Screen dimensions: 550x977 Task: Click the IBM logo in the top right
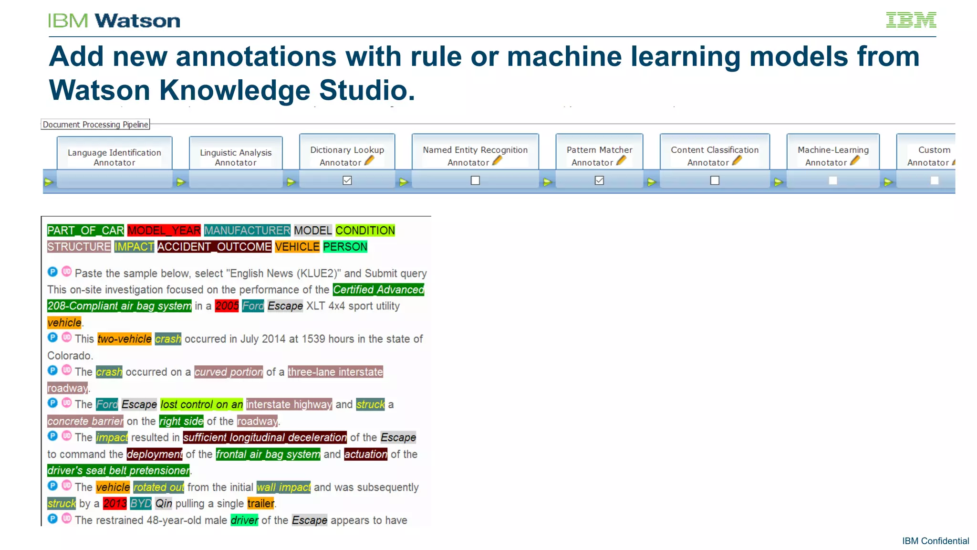[911, 20]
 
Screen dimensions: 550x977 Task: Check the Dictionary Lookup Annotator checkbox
[347, 180]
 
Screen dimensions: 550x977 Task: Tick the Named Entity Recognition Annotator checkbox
[475, 180]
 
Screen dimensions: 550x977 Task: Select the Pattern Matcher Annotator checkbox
[599, 180]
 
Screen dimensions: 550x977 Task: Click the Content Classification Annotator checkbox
[715, 180]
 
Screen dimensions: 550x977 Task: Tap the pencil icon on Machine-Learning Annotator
[855, 161]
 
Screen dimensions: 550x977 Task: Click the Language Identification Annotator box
[114, 157]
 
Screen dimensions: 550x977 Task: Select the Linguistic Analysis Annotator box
[236, 157]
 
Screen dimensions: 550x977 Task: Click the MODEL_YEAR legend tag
[164, 231]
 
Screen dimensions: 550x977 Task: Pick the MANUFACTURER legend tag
[247, 231]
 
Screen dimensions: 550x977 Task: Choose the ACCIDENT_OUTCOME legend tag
[214, 247]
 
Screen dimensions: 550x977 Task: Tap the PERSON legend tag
[345, 247]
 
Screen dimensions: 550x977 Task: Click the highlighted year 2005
[227, 306]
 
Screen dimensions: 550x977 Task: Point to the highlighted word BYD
[141, 504]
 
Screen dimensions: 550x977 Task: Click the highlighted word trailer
[260, 504]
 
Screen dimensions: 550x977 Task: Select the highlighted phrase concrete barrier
[85, 421]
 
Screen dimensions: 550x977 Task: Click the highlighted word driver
[244, 520]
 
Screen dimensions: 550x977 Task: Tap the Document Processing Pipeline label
[95, 125]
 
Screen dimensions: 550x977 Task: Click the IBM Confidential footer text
[935, 541]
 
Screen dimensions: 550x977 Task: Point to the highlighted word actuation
[365, 454]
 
